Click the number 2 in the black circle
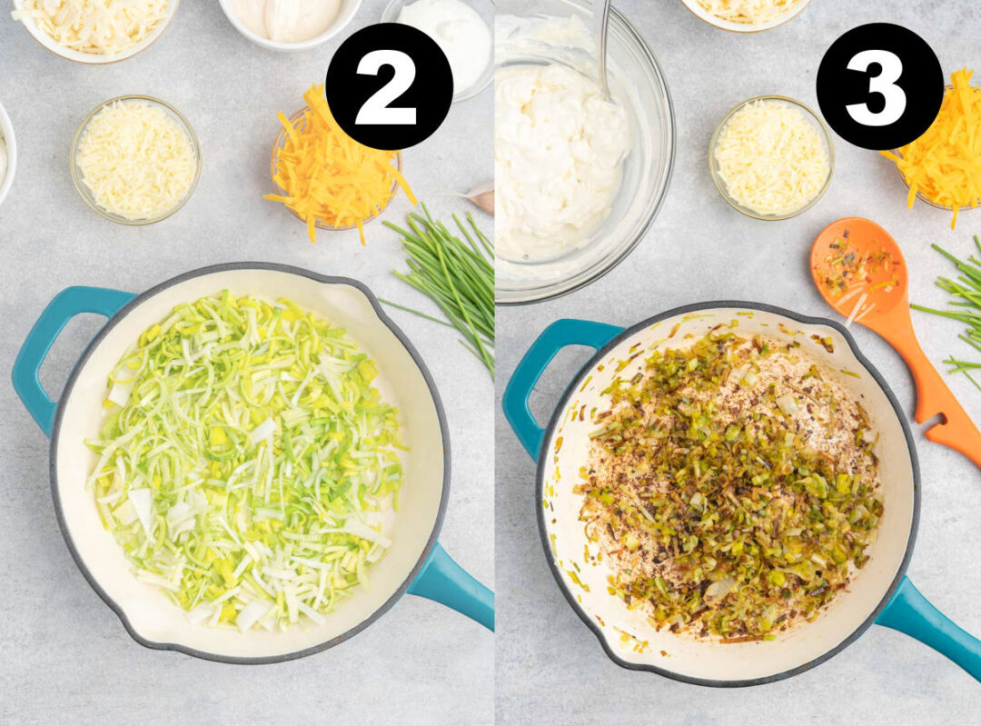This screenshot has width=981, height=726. (389, 86)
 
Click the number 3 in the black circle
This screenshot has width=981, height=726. (878, 86)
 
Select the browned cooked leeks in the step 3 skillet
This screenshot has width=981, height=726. (727, 491)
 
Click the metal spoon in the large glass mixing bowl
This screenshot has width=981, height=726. (601, 45)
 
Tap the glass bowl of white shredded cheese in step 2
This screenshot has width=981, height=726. (135, 159)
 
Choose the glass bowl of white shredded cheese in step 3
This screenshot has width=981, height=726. (771, 156)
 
